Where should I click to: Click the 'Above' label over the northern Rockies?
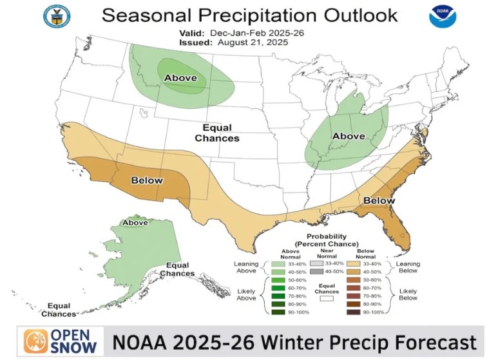[x=180, y=79]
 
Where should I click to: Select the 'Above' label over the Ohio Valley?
[x=348, y=136]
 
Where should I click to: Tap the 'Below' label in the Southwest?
[x=147, y=180]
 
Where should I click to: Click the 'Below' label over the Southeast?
[x=379, y=201]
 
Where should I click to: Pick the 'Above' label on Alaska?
[x=135, y=223]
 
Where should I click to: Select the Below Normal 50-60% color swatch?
[x=353, y=280]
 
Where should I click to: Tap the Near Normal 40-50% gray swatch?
[x=316, y=272]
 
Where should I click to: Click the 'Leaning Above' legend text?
[x=245, y=267]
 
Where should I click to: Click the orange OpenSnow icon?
[x=36, y=342]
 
